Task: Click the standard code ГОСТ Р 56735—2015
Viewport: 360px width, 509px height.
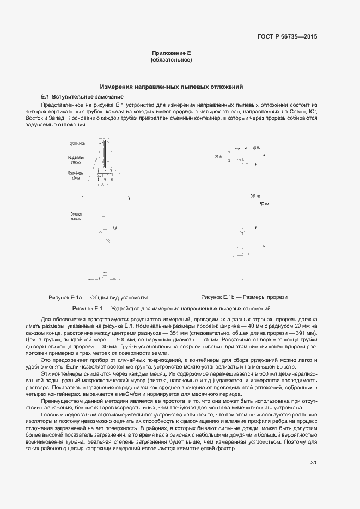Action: (x=286, y=36)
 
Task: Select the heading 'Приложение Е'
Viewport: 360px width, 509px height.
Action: (x=171, y=53)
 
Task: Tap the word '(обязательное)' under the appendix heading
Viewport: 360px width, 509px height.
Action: (x=171, y=59)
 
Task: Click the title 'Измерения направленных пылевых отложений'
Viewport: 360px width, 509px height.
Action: (x=171, y=87)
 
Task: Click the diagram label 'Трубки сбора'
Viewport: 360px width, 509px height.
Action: (x=77, y=143)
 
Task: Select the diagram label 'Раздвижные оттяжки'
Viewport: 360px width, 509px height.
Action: (x=76, y=160)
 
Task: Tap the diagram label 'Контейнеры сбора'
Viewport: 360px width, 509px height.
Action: (x=76, y=175)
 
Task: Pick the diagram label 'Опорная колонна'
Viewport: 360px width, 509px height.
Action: (x=76, y=217)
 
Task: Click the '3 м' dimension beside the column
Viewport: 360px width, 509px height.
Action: (x=114, y=228)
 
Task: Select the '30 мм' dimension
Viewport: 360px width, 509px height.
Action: (x=219, y=156)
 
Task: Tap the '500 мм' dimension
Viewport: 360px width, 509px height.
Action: (x=264, y=204)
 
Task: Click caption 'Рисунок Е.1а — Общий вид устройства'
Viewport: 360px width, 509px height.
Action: (x=99, y=298)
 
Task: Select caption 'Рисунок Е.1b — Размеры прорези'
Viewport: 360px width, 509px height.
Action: (x=244, y=297)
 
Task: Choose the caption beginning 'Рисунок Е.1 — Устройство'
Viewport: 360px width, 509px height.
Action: (x=171, y=309)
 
